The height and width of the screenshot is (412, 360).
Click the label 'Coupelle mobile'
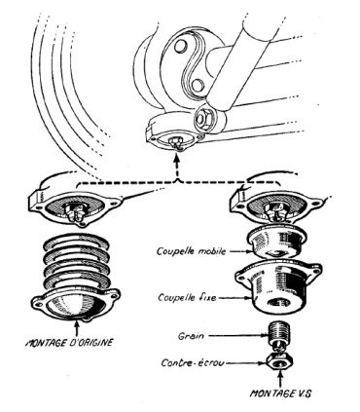point(191,251)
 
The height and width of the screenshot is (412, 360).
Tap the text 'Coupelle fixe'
point(187,297)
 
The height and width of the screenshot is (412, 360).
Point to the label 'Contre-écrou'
point(193,362)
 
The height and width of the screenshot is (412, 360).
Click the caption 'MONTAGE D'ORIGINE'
point(69,342)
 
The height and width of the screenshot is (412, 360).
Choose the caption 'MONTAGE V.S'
point(280,393)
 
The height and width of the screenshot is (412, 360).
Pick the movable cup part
point(275,241)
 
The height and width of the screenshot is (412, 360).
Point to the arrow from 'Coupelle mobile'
point(239,251)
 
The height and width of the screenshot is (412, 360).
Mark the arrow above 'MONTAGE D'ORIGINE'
point(77,328)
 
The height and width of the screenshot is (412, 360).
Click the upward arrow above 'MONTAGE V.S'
point(280,379)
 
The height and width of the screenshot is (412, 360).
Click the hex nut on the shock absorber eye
point(205,118)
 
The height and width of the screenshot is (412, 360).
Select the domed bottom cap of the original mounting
point(77,304)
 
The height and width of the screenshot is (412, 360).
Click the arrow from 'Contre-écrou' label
point(246,362)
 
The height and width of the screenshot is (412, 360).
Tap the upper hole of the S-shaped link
point(179,46)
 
